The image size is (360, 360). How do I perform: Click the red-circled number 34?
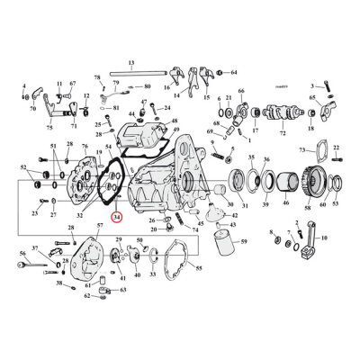click(x=116, y=216)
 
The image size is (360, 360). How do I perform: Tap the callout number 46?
click(x=285, y=205)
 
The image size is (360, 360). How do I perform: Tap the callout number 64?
click(x=234, y=71)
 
